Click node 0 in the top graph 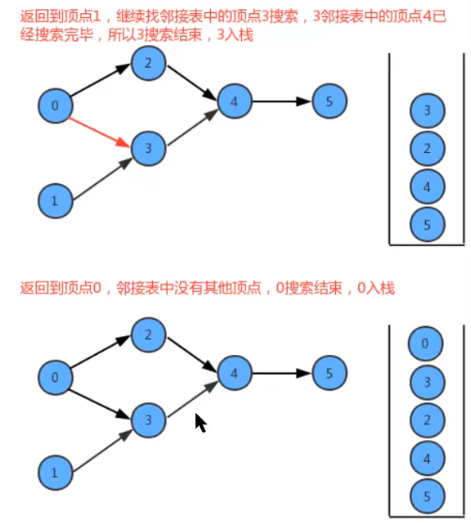point(53,106)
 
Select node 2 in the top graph point(146,64)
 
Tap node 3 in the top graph point(146,147)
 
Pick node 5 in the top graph point(325,100)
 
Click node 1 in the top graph point(53,198)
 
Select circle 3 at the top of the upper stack point(427,112)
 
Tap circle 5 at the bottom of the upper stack point(427,223)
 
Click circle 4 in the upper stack point(427,187)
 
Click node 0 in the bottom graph point(53,378)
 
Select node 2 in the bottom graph point(146,335)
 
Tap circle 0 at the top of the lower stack point(427,344)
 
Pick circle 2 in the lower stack point(427,420)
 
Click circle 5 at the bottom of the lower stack point(427,495)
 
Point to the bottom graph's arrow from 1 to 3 point(99,445)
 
